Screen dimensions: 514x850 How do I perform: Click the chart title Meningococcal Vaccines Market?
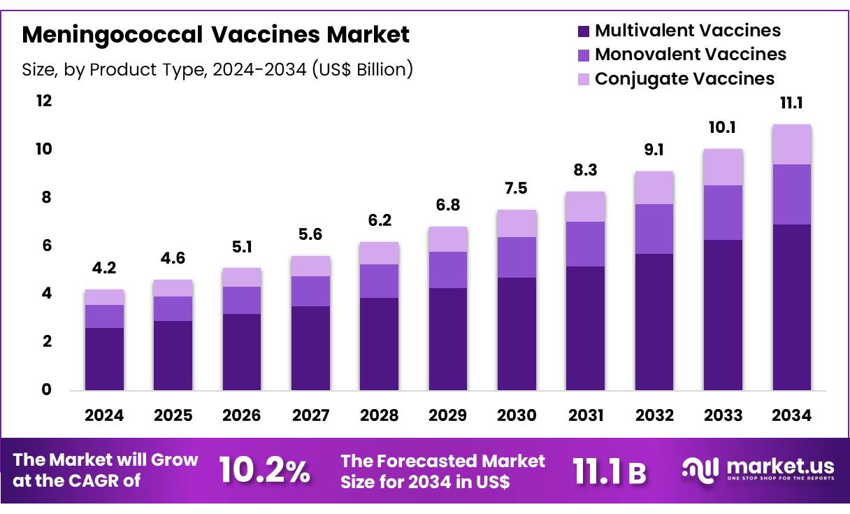point(216,34)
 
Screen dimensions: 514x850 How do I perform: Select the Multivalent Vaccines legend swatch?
point(584,31)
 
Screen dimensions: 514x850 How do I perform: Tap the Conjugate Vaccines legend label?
point(684,78)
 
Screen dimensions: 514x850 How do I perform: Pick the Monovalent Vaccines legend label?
point(690,55)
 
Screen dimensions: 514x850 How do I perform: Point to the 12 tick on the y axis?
point(44,101)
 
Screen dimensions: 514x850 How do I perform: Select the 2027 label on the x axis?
point(310,415)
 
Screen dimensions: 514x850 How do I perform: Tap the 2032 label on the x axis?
point(654,415)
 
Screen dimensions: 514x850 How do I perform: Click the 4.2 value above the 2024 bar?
point(104,267)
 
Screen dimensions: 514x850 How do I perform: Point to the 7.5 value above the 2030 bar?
point(517,188)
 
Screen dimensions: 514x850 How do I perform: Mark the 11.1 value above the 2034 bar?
point(791,103)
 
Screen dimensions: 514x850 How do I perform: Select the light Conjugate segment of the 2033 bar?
point(723,167)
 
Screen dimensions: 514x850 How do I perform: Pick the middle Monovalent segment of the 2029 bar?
point(447,269)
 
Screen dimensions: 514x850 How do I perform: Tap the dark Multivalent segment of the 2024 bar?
point(104,358)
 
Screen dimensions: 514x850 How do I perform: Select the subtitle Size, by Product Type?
point(217,69)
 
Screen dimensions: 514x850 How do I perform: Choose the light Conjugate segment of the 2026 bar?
point(242,277)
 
